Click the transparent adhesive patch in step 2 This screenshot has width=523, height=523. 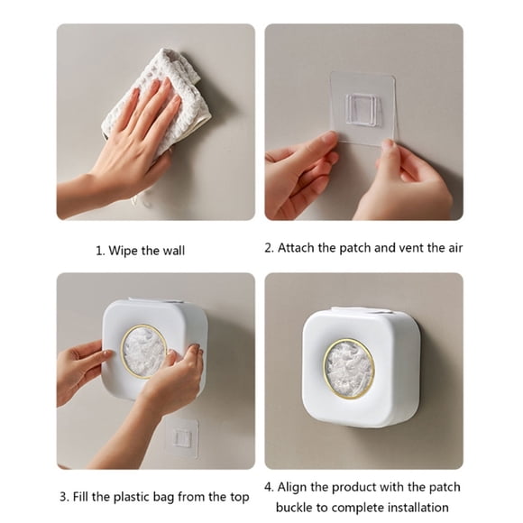click(362, 108)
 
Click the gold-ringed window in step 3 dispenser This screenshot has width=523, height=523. click(144, 351)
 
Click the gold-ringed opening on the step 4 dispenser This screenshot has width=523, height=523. click(348, 368)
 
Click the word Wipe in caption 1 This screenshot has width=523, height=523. click(125, 250)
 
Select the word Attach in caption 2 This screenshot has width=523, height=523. click(298, 247)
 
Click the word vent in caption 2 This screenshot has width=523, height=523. click(414, 247)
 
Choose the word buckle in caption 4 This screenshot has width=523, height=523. click(296, 508)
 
